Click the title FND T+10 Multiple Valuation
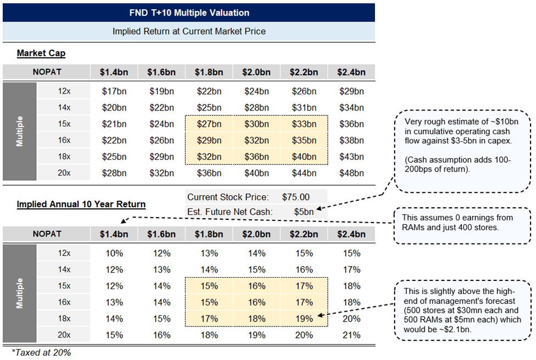coord(189,12)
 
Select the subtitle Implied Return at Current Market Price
coord(189,31)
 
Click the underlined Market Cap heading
coord(41,53)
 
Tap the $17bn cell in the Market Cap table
coord(114,91)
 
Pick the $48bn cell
coord(352,173)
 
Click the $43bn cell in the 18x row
coord(352,157)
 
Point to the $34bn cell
coord(352,107)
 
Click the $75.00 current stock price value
coord(296,197)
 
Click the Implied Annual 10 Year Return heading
coord(81,204)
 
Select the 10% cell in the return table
coord(114,253)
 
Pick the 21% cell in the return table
coord(352,335)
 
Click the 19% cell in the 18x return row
coord(305,318)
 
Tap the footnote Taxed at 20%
coord(41,352)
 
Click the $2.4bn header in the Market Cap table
coord(352,72)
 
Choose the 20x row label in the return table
coord(64,335)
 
